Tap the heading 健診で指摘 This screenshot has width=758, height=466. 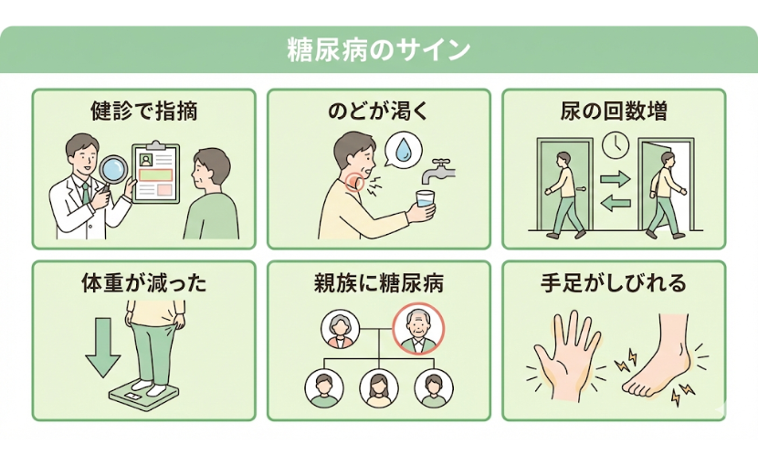tap(143, 112)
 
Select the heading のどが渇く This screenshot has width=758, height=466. tap(378, 112)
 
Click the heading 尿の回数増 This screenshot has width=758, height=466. tap(613, 112)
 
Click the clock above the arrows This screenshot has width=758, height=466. tap(615, 144)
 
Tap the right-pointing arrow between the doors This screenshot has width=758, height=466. tap(615, 178)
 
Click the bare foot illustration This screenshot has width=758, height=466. tap(659, 361)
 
